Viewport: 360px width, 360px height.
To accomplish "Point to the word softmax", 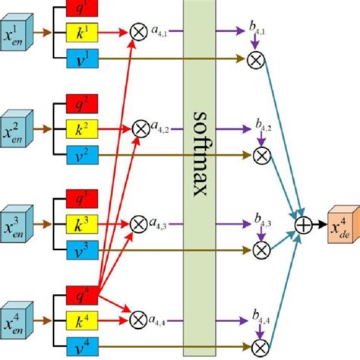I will coord(200,152).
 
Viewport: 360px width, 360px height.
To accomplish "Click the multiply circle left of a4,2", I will coord(140,128).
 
